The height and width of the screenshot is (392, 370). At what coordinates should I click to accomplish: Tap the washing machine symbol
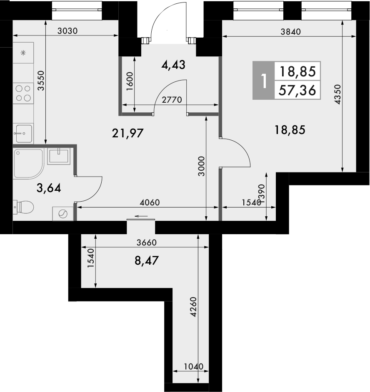coord(62,214)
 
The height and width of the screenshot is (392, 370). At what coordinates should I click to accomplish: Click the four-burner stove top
coord(23,93)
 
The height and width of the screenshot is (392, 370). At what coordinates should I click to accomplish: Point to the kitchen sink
coord(22,134)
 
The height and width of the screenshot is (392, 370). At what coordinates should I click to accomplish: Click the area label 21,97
coord(127,134)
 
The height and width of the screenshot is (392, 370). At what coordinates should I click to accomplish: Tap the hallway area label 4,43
coord(172,65)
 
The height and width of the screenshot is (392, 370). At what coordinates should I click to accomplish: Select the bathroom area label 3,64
coord(49,189)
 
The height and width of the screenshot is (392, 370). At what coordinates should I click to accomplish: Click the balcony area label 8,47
coord(147,262)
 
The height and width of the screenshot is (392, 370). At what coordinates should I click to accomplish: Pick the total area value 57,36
coord(297,89)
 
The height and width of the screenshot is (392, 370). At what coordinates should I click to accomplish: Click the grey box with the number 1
coord(263,81)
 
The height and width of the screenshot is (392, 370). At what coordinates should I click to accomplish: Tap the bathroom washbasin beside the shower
coord(58,156)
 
